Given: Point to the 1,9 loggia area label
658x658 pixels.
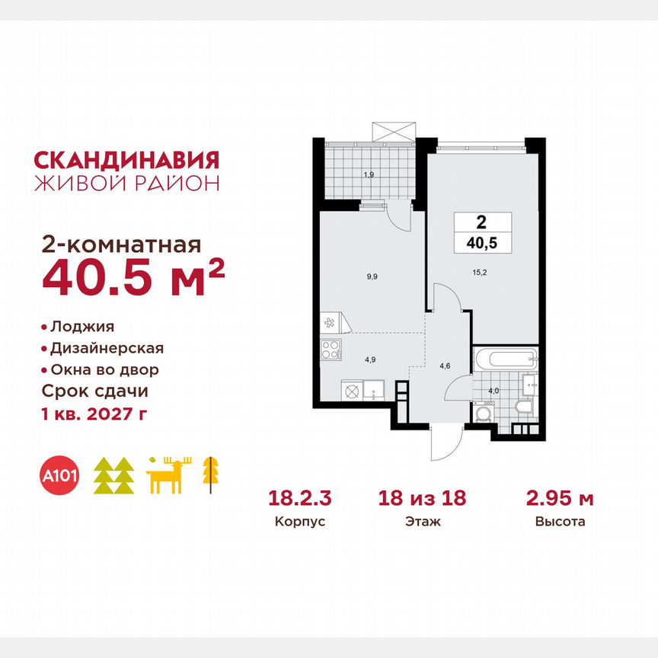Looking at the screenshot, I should coord(369,174).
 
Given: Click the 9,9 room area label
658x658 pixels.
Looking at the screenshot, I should coord(372,277).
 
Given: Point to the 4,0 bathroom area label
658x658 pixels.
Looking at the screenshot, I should coord(493,391).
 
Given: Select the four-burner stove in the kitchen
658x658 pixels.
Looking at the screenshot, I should coord(331,350).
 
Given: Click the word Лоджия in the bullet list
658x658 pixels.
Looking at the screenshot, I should coord(82,327).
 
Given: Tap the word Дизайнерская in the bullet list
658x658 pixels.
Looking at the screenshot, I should coord(107,349).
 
